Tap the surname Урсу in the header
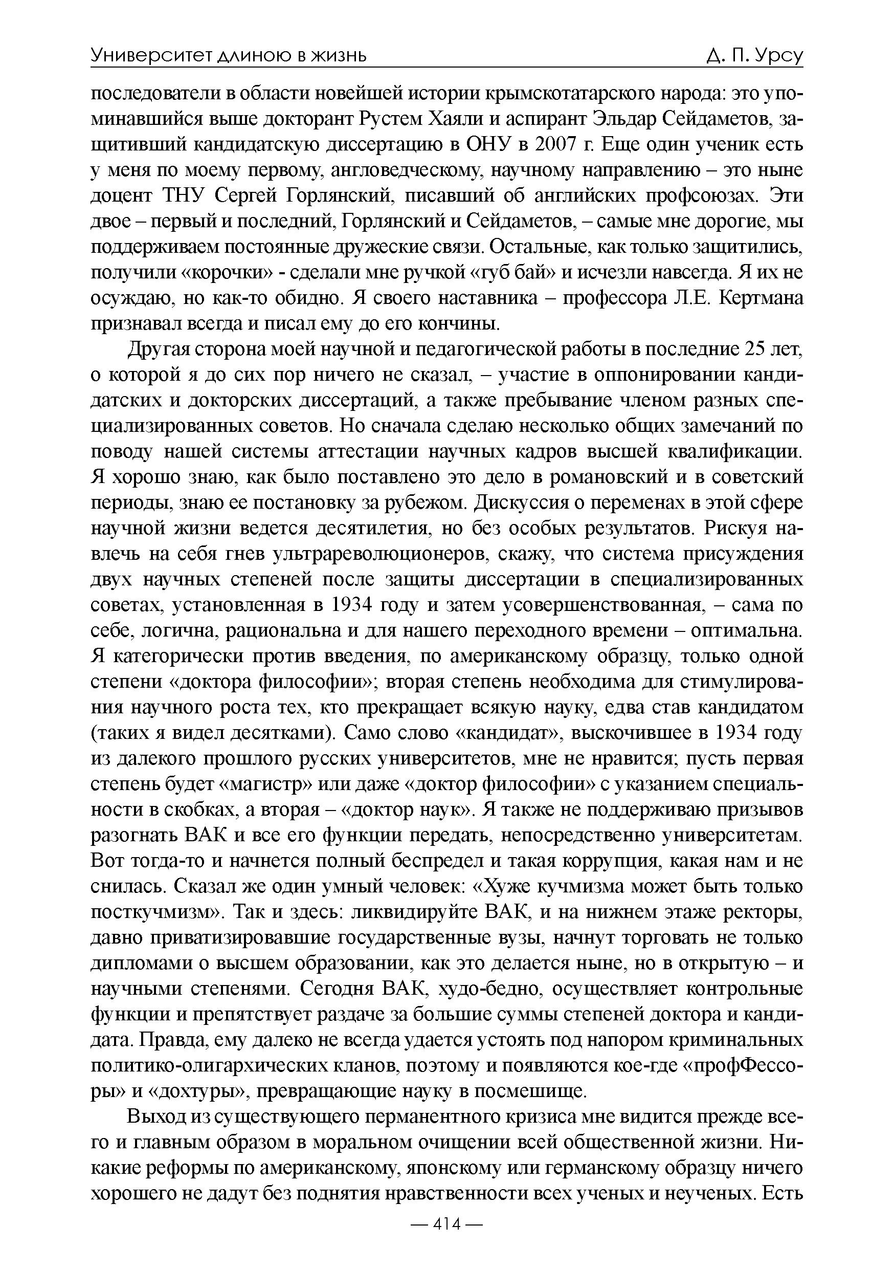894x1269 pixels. [779, 56]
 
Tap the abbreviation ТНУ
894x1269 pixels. [184, 196]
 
